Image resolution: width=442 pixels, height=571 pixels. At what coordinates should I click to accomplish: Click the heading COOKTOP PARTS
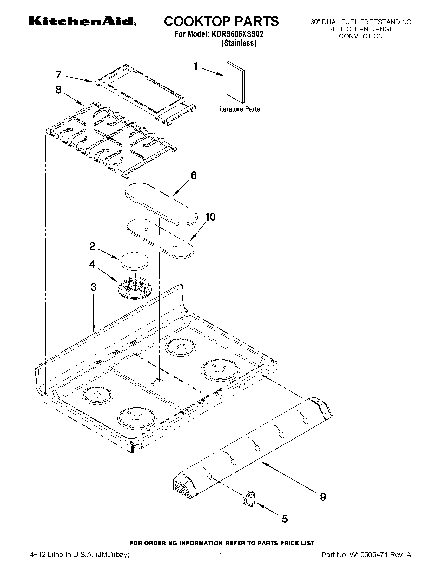click(x=221, y=21)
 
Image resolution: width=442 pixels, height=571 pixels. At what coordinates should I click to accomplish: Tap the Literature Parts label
click(x=238, y=109)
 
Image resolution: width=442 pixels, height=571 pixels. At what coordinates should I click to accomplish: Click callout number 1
click(x=195, y=66)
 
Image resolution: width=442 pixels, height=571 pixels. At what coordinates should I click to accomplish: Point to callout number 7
click(x=59, y=75)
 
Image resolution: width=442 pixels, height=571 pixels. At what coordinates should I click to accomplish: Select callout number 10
click(x=210, y=217)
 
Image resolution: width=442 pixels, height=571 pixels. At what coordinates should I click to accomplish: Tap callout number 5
click(x=285, y=519)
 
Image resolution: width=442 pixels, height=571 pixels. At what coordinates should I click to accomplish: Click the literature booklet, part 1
click(x=235, y=82)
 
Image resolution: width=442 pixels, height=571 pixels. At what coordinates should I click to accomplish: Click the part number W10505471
click(x=368, y=560)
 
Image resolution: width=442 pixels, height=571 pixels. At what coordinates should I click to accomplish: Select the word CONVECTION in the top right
click(x=361, y=36)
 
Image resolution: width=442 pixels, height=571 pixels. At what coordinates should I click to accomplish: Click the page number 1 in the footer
click(x=221, y=560)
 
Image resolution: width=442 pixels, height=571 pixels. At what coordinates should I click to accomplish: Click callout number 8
click(x=59, y=90)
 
